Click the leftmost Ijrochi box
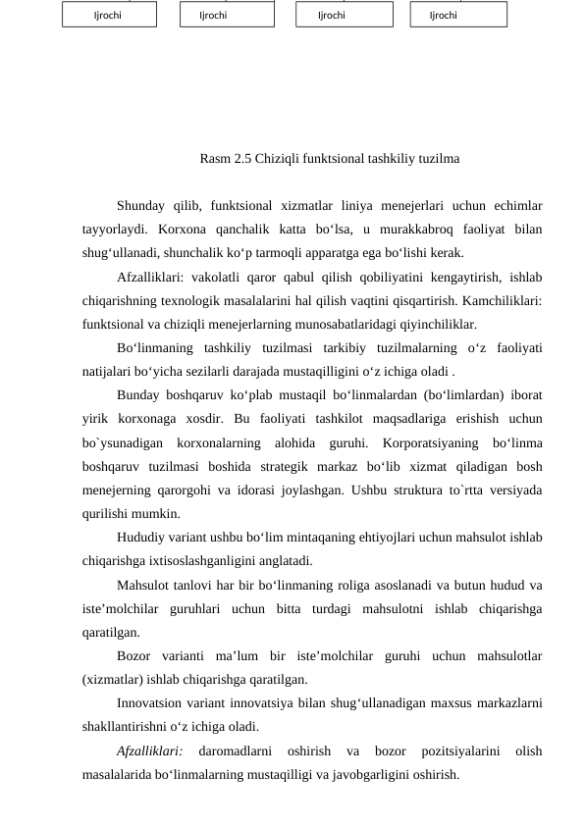pos(109,15)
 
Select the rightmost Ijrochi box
pos(458,15)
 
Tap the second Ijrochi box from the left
pos(227,15)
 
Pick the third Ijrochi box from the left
pos(344,15)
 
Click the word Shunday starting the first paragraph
pos(143,205)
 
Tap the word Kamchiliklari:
pos(500,300)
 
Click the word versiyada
pos(512,490)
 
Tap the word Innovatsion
pos(149,703)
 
